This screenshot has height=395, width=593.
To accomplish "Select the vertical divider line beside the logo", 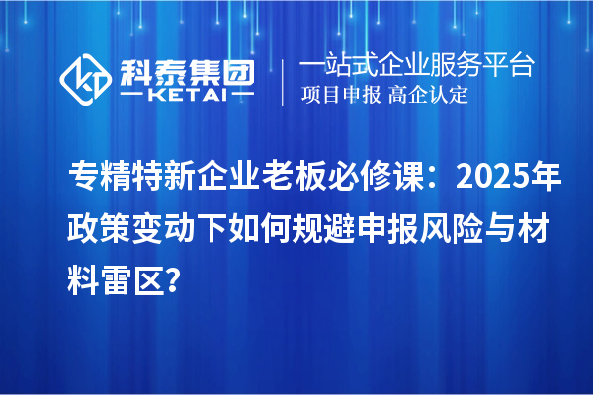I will [x=283, y=80].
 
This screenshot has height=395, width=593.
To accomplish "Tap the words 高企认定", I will [x=428, y=95].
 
